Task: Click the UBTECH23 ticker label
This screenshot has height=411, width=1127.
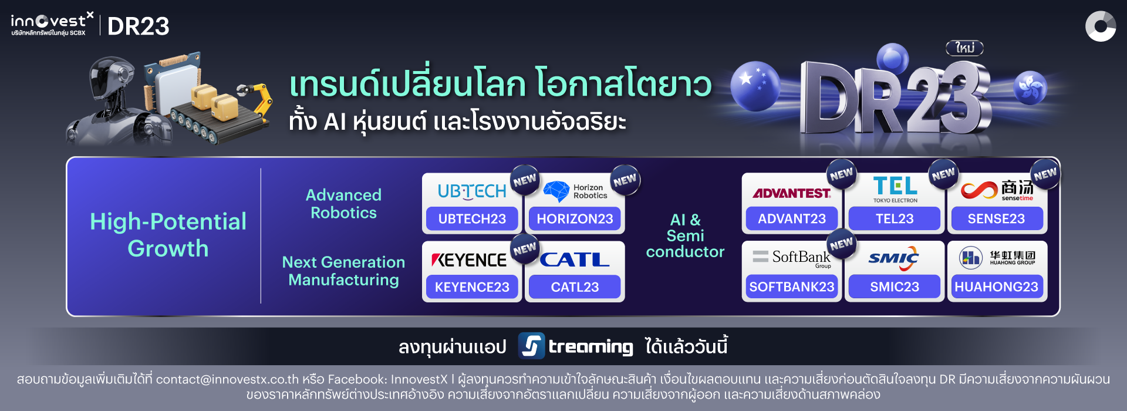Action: click(472, 219)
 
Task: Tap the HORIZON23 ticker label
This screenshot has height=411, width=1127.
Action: click(575, 219)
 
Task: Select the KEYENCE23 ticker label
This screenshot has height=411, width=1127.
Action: click(472, 287)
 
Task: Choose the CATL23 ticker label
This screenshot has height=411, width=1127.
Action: click(575, 287)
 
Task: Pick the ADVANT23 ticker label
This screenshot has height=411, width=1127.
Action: click(792, 219)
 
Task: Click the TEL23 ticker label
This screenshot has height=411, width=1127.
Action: click(895, 219)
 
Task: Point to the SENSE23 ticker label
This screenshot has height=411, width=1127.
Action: click(996, 219)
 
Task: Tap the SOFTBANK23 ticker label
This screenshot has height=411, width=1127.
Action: click(792, 287)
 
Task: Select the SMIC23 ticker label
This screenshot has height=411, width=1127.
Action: click(895, 287)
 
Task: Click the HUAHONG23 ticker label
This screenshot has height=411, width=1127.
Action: click(996, 287)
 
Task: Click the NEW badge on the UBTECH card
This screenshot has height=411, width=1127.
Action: click(525, 180)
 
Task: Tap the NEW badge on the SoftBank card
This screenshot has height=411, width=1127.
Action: click(842, 244)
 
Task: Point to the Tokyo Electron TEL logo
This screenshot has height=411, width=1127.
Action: click(895, 189)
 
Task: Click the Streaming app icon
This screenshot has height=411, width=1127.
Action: click(531, 346)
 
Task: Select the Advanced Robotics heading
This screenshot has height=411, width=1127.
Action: click(343, 204)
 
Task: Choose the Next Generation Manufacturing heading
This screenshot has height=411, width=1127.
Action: click(343, 271)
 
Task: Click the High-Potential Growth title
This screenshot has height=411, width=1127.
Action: click(168, 235)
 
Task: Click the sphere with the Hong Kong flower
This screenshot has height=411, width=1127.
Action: click(1030, 87)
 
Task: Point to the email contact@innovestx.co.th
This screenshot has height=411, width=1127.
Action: click(227, 379)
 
